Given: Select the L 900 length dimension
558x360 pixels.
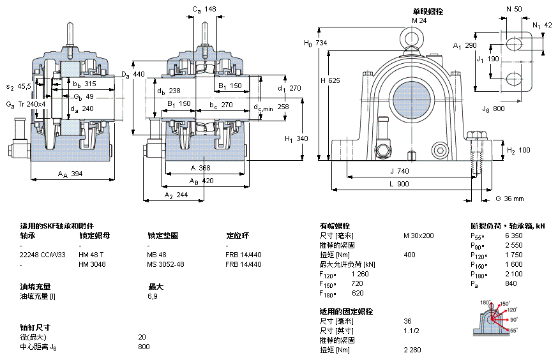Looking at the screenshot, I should click(x=399, y=184).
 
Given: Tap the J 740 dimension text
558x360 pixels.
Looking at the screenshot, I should click(x=400, y=171).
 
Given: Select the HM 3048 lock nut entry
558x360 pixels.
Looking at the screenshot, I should click(x=92, y=264).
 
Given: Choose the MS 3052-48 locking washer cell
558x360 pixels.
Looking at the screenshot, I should click(x=165, y=264).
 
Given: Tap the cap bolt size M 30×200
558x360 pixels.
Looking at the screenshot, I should click(x=418, y=236).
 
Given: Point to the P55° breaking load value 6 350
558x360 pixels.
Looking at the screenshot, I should click(x=514, y=236).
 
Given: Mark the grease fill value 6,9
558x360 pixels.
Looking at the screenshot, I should click(x=153, y=297).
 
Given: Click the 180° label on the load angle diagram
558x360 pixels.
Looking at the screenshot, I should click(x=485, y=302).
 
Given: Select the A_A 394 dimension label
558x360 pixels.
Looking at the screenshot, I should click(x=70, y=174).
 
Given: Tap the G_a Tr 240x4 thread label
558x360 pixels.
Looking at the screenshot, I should click(x=26, y=104).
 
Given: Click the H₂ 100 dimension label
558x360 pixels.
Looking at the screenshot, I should click(x=518, y=151).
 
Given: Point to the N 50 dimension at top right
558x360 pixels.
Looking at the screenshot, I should click(x=514, y=9).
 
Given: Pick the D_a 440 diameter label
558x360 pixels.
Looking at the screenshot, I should click(x=133, y=75).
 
